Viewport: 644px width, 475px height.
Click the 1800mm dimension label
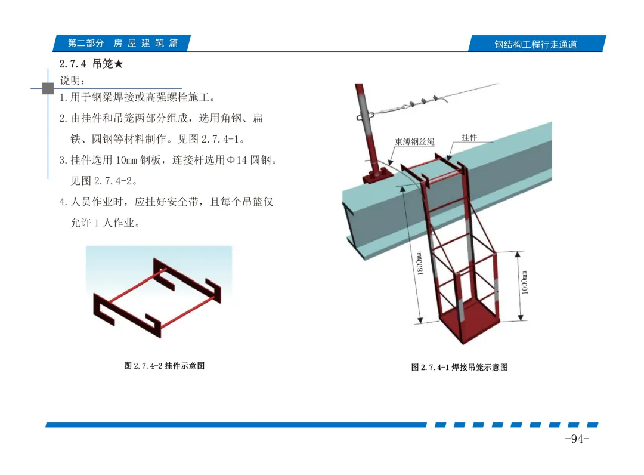[x=419, y=263]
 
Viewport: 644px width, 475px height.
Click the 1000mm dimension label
[x=525, y=282]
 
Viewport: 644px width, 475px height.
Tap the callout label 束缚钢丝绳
[x=414, y=142]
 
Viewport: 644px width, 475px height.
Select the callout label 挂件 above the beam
[x=469, y=137]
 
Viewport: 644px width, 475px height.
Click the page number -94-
[x=577, y=439]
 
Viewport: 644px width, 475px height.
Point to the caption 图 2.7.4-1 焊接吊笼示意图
[x=459, y=367]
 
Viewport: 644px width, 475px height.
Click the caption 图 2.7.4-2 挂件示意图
[x=165, y=366]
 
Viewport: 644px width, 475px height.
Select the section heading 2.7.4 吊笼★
[x=91, y=64]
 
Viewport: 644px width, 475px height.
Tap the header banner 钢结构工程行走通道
[x=535, y=44]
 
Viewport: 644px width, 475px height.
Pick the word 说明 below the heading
[x=70, y=81]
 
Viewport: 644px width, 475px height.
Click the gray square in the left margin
[x=48, y=88]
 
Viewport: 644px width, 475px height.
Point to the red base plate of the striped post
[x=377, y=176]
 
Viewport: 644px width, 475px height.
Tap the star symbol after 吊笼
[x=119, y=64]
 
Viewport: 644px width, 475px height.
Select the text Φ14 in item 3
[x=237, y=160]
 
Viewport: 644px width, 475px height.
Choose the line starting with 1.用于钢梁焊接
[x=137, y=97]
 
